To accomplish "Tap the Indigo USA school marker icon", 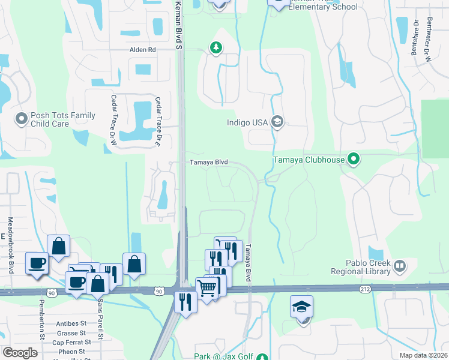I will pos(277,122).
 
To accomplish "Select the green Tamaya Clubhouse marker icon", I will pos(354,160).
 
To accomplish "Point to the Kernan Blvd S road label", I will pos(178,23).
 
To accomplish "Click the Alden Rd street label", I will pos(142,50).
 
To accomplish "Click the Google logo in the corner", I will pos(20,352).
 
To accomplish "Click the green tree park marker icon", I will pos(215,47).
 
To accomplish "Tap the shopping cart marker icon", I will pos(207,288).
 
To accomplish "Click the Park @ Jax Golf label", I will pos(223,356).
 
